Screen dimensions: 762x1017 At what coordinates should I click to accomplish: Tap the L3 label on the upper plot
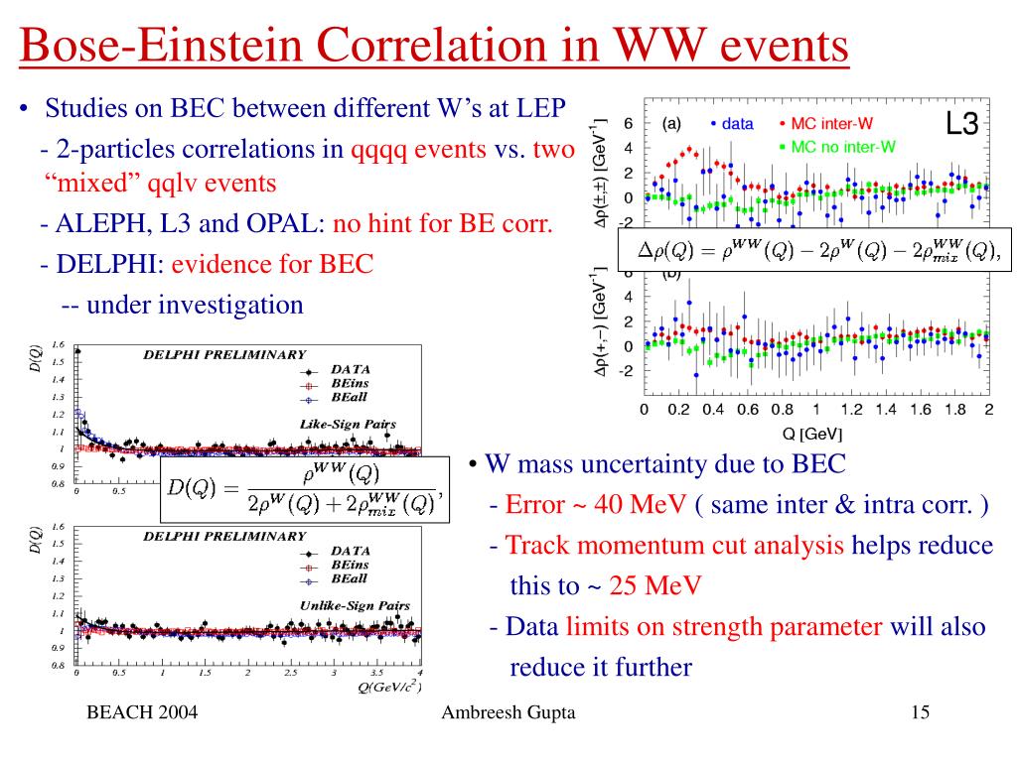961,125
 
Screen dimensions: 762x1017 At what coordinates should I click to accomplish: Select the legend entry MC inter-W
837,124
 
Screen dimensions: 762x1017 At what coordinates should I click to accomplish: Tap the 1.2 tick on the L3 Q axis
851,410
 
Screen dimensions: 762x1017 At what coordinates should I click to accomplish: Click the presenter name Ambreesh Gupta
508,712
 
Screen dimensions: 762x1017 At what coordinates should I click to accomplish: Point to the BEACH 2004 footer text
142,712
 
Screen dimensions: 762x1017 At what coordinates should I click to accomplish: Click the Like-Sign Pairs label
348,424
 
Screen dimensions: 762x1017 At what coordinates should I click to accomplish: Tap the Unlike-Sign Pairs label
354,604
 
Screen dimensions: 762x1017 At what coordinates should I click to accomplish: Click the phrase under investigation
195,304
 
